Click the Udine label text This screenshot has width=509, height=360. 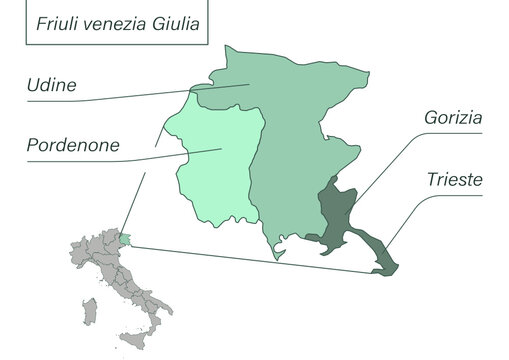(x=52, y=84)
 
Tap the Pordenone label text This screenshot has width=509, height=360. (x=73, y=146)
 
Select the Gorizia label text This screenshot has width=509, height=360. (x=453, y=118)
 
